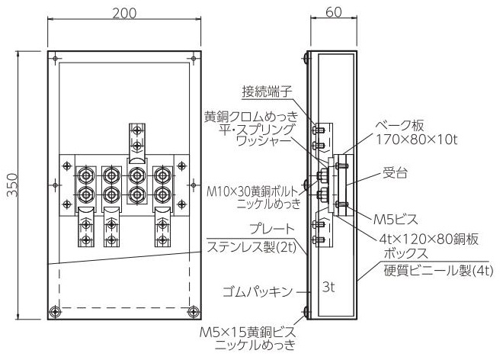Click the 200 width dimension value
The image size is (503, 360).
tap(124, 13)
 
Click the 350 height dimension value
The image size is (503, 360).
tap(13, 185)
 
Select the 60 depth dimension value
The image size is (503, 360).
tap(334, 12)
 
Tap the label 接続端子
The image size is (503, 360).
tap(267, 92)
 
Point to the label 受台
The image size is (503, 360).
tap(395, 173)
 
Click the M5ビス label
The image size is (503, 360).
tap(396, 220)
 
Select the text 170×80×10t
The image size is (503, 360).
tap(416, 140)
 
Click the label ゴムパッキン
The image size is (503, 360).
tap(258, 292)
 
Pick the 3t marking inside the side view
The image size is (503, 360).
tap(328, 287)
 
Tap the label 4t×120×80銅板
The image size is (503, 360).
tap(429, 239)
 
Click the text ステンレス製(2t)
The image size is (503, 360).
tap(251, 247)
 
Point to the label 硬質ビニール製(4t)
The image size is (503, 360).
tap(438, 271)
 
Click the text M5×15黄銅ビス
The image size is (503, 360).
tap(248, 332)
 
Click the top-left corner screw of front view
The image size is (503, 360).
tap(55, 59)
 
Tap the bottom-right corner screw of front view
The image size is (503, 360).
tap(193, 311)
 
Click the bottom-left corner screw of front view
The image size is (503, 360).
tap(55, 311)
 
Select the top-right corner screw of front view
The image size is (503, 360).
tap(194, 59)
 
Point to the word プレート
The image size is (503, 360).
tap(272, 229)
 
